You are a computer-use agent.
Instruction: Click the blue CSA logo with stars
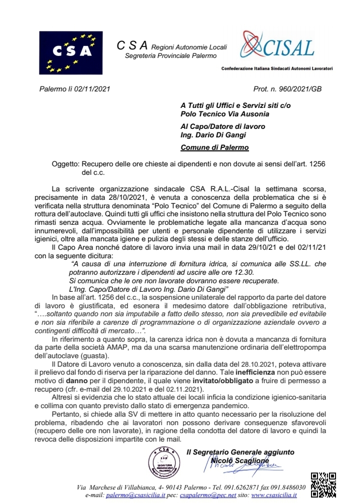point(71,52)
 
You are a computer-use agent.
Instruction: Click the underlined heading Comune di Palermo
point(214,147)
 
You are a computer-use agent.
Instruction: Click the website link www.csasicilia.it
point(274,495)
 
